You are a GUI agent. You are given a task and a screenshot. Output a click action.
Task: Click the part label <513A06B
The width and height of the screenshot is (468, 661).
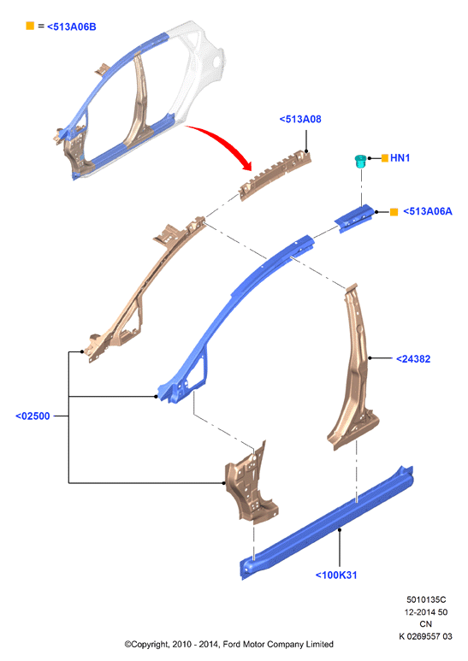(x=71, y=27)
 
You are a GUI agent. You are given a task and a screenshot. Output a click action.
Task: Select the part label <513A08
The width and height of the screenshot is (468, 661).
(x=300, y=120)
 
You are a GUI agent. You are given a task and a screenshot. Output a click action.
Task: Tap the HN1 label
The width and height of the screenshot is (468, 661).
(x=400, y=158)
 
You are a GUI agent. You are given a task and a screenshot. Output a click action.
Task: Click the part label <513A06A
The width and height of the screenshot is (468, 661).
(x=428, y=211)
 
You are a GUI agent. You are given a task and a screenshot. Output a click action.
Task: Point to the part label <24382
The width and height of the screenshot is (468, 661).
(x=413, y=359)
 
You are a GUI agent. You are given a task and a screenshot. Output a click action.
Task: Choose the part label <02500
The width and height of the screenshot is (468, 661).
(x=33, y=416)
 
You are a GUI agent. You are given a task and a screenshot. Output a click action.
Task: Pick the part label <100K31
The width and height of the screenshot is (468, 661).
(x=336, y=575)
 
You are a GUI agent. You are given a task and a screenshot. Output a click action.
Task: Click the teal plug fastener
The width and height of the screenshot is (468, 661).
(x=359, y=161)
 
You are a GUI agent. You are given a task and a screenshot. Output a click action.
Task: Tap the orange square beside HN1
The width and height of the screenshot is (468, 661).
(x=384, y=158)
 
